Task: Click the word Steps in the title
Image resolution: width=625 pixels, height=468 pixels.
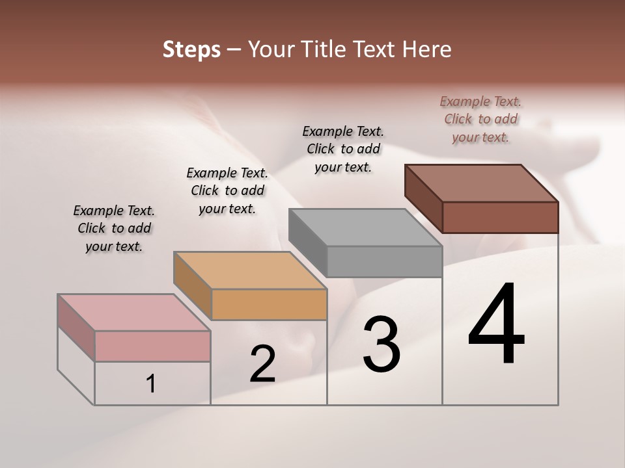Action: click(x=191, y=49)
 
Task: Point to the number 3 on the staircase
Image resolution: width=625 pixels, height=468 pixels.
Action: click(x=382, y=344)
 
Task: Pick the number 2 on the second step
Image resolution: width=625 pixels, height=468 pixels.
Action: click(x=262, y=364)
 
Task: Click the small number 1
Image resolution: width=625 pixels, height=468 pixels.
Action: click(x=151, y=384)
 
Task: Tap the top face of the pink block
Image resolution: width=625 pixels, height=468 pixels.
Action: click(x=133, y=312)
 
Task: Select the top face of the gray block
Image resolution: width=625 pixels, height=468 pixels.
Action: click(x=365, y=227)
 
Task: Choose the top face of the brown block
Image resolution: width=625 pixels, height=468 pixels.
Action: click(x=480, y=183)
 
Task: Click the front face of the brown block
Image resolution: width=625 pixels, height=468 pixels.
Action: click(x=500, y=217)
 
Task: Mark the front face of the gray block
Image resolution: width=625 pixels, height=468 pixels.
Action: click(x=384, y=261)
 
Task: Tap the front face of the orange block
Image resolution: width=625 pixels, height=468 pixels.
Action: click(x=269, y=304)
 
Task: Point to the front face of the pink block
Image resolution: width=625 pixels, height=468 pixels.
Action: click(x=152, y=346)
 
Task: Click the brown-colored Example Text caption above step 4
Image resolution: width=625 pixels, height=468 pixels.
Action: click(x=480, y=119)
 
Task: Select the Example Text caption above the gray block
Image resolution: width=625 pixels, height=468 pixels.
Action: click(x=343, y=149)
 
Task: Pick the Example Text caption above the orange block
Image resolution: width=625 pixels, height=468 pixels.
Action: click(x=227, y=190)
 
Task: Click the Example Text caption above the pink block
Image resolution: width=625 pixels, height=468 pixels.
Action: click(x=114, y=228)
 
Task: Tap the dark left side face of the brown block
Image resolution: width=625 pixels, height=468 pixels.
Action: click(x=423, y=198)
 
